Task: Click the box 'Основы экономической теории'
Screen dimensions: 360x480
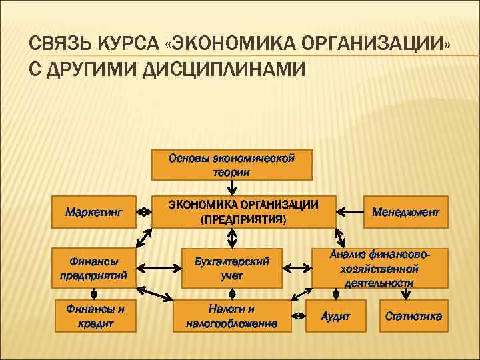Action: [231, 165]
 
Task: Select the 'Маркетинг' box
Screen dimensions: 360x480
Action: [94, 212]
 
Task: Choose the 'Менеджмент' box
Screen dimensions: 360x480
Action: [405, 212]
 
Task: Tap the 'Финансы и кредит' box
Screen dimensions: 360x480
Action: [94, 316]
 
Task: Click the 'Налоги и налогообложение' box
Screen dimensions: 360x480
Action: [231, 316]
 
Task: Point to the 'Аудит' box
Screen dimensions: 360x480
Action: [335, 316]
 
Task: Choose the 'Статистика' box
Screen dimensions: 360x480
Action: [413, 316]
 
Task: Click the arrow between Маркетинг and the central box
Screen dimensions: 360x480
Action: [143, 212]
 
